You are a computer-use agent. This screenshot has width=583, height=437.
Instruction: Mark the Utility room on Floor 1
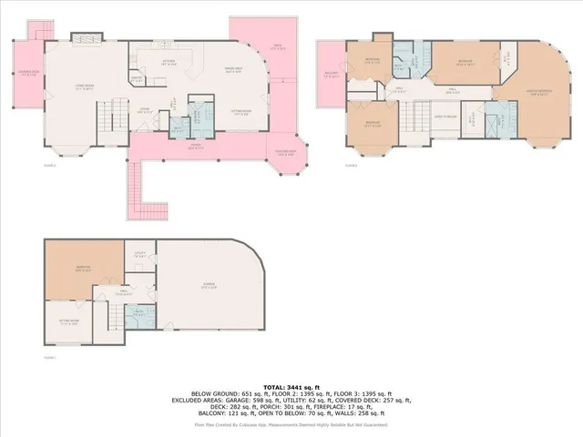(x=140, y=255)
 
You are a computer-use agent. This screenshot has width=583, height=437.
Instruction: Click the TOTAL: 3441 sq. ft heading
(x=291, y=386)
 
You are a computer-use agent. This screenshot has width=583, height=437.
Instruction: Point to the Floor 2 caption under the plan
(x=49, y=165)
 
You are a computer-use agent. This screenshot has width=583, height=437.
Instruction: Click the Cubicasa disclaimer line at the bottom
(x=291, y=424)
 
